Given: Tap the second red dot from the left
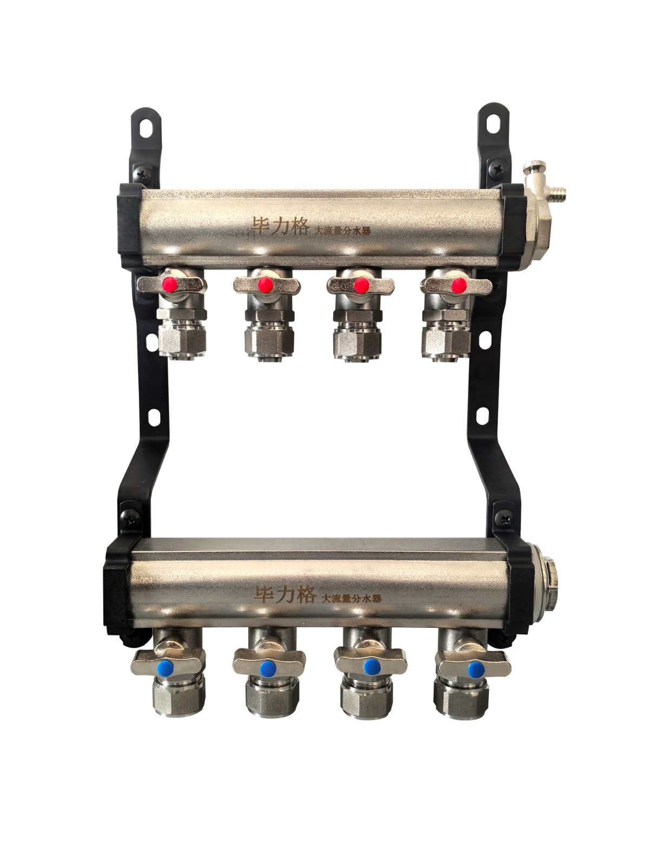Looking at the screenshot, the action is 265,284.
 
